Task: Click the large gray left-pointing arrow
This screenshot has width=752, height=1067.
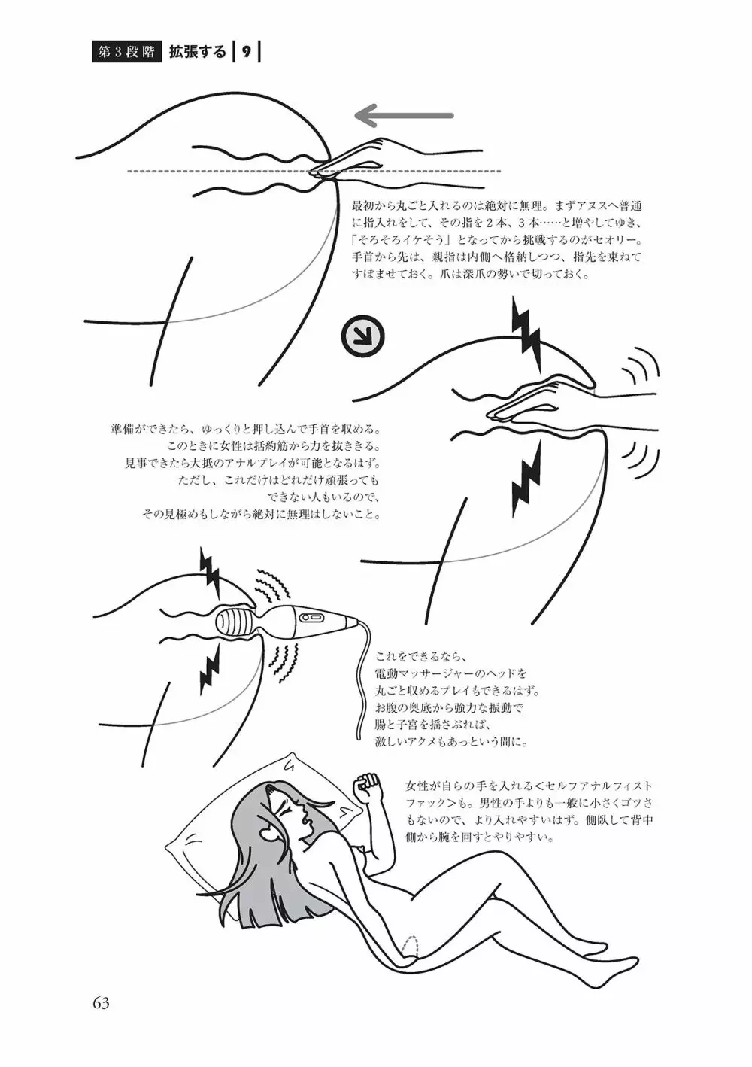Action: tap(404, 115)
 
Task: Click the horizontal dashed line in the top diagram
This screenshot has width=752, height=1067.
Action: tap(314, 171)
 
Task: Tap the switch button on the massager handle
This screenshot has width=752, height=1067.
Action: tap(311, 617)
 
